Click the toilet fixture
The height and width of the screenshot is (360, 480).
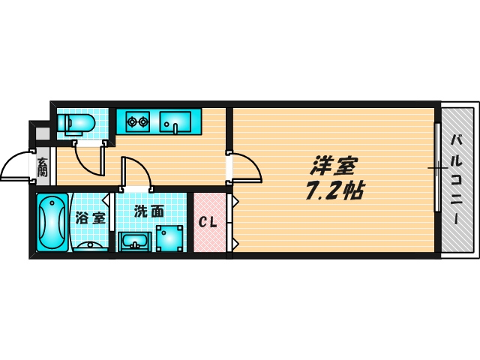click(x=76, y=122)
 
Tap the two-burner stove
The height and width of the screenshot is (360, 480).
click(x=136, y=120)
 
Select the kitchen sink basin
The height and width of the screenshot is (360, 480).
click(x=178, y=119)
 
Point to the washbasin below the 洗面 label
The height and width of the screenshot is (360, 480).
click(x=135, y=241)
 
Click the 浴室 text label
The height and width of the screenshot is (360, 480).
click(x=91, y=219)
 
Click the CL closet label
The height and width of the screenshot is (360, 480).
click(x=208, y=223)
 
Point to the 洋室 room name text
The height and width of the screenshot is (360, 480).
click(x=335, y=165)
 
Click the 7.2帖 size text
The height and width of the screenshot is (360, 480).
click(x=334, y=191)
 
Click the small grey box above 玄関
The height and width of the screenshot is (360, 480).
click(x=43, y=135)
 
